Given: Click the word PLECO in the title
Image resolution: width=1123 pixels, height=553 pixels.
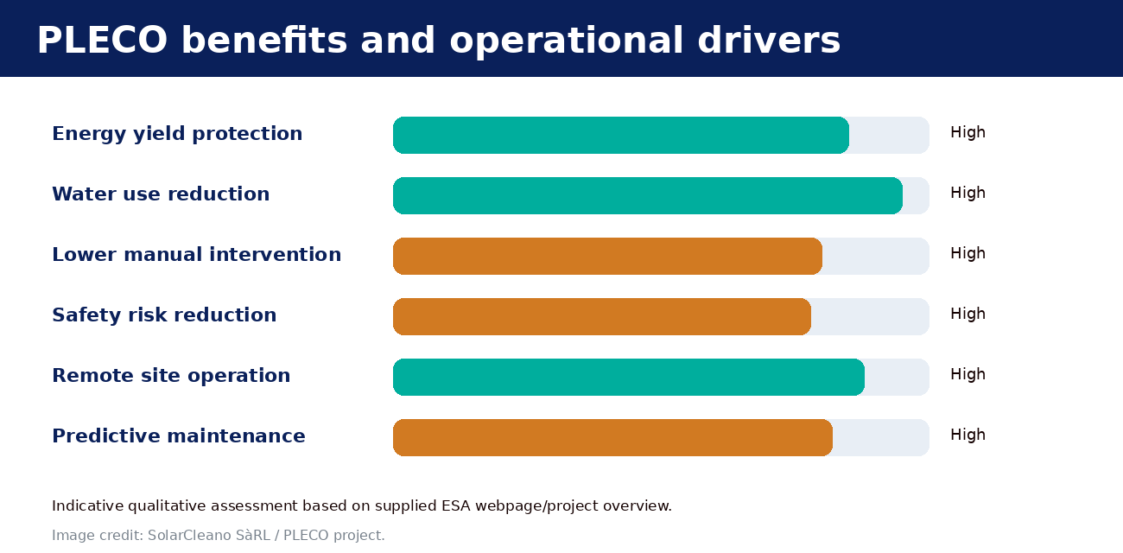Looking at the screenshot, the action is click(x=102, y=40).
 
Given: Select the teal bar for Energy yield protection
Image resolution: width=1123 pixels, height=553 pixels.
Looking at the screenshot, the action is click(x=620, y=136).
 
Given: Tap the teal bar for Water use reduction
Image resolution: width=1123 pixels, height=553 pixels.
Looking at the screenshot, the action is click(x=648, y=195).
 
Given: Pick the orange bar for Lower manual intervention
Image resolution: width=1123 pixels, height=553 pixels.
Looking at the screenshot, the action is click(x=607, y=257).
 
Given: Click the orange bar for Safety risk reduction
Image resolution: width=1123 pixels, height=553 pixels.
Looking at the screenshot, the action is click(x=602, y=317).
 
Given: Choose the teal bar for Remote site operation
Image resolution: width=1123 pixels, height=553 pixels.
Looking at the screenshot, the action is click(x=629, y=377).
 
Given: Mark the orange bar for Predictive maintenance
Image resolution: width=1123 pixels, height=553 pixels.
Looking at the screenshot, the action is click(x=612, y=438).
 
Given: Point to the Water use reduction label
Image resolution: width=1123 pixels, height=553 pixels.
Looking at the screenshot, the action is click(x=161, y=194).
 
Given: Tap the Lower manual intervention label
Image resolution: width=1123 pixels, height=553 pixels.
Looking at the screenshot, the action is click(x=197, y=255).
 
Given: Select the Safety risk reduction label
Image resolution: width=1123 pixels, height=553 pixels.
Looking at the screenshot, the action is click(x=164, y=315).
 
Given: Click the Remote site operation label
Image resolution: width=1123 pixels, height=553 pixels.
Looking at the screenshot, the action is click(x=171, y=376).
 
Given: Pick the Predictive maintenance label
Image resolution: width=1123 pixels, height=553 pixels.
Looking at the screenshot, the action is click(x=179, y=436).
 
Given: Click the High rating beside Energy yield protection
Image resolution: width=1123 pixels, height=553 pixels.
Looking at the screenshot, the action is click(x=968, y=133).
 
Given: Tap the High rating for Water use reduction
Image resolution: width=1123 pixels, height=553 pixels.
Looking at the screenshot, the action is click(x=968, y=194).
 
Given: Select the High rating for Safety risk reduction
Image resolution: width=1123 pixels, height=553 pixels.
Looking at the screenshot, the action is click(x=968, y=315).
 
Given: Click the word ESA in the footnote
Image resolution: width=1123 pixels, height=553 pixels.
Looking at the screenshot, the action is click(x=456, y=505).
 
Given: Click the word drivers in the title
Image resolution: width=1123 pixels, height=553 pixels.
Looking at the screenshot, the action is click(x=769, y=40).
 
